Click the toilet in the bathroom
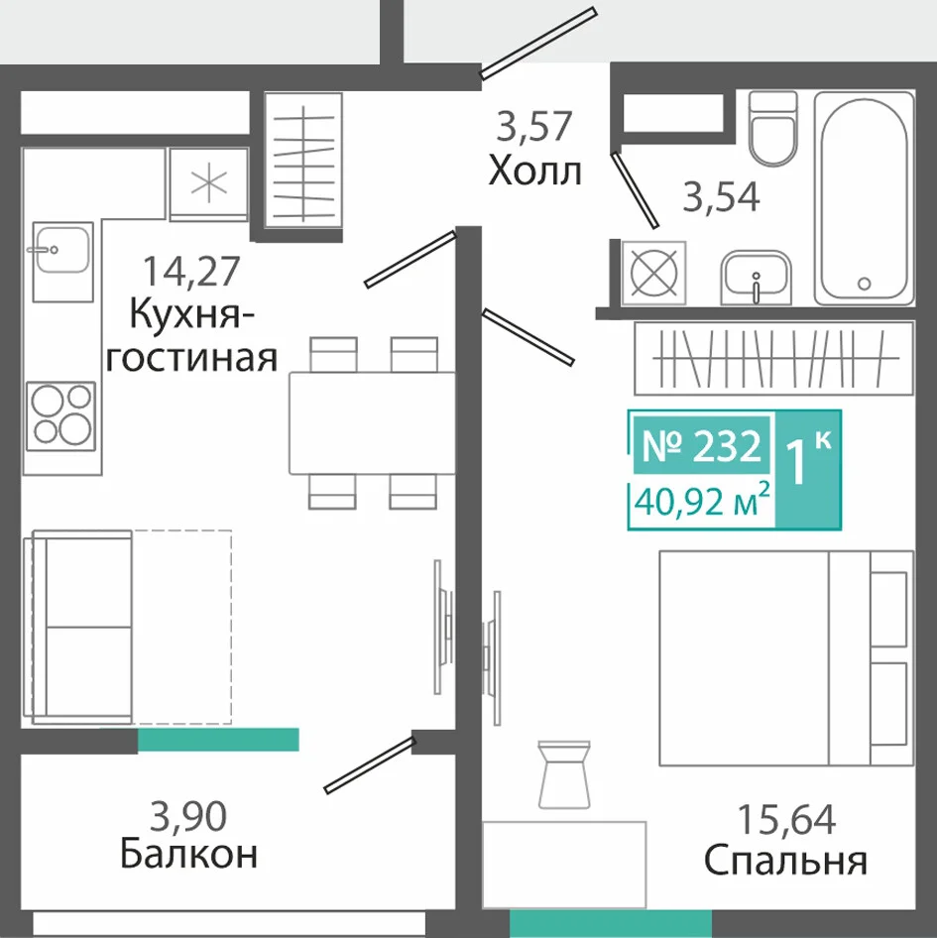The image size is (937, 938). click(x=773, y=129)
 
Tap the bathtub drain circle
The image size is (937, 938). click(x=864, y=284)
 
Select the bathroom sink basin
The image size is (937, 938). click(x=757, y=277)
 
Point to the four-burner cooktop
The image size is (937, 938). click(x=61, y=415)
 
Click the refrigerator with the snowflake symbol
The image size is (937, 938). click(x=208, y=183)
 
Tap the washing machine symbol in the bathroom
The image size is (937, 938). click(x=653, y=273)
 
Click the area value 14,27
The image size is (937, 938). click(x=191, y=271)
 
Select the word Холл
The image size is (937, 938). click(x=534, y=171)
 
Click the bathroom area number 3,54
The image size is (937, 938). click(x=721, y=196)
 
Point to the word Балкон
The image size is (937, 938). click(x=189, y=854)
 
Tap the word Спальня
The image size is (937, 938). click(x=785, y=861)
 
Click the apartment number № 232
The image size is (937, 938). click(x=702, y=445)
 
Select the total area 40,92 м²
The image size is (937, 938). click(x=702, y=502)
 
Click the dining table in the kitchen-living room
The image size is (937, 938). click(x=372, y=423)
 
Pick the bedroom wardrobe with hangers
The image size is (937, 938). click(x=774, y=358)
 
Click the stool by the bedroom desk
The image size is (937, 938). click(x=564, y=775)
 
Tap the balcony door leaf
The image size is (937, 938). click(x=369, y=765)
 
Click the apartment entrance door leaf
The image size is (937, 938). click(x=538, y=43)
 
